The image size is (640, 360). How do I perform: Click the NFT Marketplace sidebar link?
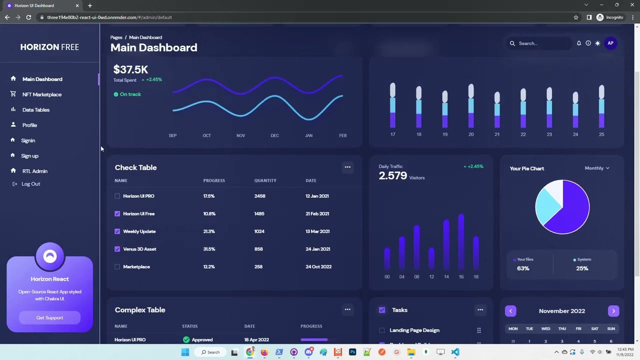pyautogui.click(x=41, y=94)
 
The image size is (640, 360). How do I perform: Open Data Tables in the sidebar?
pyautogui.click(x=35, y=110)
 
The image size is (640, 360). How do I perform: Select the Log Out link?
pyautogui.click(x=30, y=184)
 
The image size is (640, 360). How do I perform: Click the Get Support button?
pyautogui.click(x=49, y=318)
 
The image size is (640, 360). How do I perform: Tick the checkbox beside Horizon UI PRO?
pyautogui.click(x=117, y=196)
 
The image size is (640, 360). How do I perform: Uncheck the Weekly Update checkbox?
pyautogui.click(x=117, y=231)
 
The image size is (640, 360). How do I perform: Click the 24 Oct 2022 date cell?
pyautogui.click(x=318, y=267)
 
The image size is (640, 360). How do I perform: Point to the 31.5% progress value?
pyautogui.click(x=209, y=249)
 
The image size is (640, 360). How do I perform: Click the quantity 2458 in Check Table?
pyautogui.click(x=259, y=196)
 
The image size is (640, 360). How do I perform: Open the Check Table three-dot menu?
pyautogui.click(x=347, y=167)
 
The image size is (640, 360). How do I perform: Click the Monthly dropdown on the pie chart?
pyautogui.click(x=597, y=168)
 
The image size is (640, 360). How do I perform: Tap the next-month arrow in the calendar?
pyautogui.click(x=613, y=311)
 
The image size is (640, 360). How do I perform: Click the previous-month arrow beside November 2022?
pyautogui.click(x=510, y=311)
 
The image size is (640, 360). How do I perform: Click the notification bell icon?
pyautogui.click(x=579, y=43)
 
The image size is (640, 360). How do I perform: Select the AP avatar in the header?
pyautogui.click(x=610, y=43)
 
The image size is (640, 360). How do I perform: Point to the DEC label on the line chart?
pyautogui.click(x=274, y=135)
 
